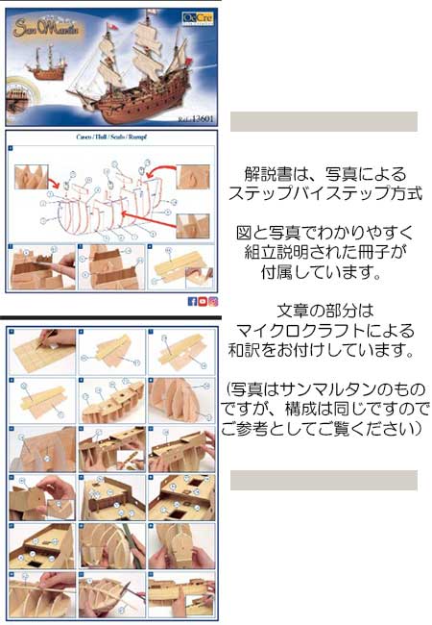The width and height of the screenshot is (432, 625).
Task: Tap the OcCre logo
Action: [x=196, y=15]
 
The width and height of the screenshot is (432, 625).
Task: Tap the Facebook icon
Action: [x=192, y=301]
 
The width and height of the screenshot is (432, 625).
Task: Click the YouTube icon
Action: [x=203, y=301]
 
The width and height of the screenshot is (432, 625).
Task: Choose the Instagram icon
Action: [x=213, y=301]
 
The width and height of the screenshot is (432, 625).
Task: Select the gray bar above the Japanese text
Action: [x=324, y=121]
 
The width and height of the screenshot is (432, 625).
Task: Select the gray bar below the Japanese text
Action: [x=324, y=480]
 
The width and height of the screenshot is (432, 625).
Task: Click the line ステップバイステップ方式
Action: [x=326, y=193]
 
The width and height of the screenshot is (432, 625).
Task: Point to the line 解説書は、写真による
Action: [x=326, y=174]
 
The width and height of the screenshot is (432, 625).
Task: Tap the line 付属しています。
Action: [x=326, y=273]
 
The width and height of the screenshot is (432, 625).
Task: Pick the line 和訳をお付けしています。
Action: [x=326, y=351]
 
